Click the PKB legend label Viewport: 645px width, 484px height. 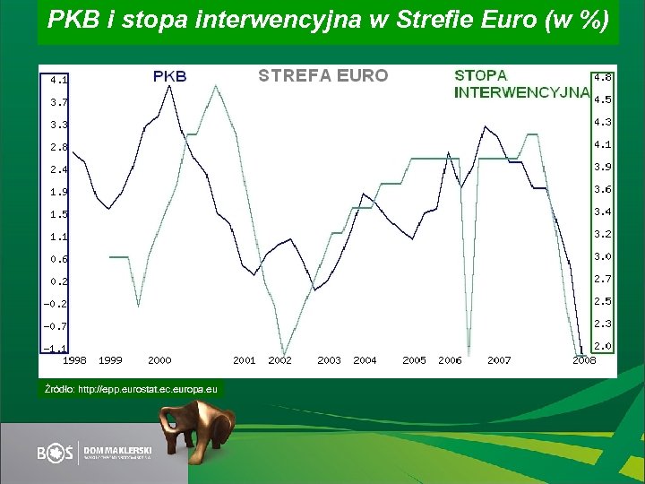[x=170, y=76]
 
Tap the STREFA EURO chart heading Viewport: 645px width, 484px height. [x=323, y=76]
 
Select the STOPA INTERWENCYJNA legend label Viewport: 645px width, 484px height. [x=520, y=84]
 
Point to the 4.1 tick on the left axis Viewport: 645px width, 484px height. [x=58, y=79]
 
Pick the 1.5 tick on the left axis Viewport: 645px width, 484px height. [x=58, y=214]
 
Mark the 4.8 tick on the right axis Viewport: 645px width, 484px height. [x=603, y=77]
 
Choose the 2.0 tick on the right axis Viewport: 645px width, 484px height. [x=603, y=346]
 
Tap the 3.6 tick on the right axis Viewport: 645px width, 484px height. [x=603, y=189]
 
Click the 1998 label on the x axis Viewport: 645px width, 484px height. [x=74, y=360]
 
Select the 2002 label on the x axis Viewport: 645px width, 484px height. [x=280, y=360]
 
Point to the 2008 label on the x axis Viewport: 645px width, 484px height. [x=584, y=360]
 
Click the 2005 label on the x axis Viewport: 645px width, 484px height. [x=414, y=360]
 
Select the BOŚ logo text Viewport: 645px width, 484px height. [x=56, y=454]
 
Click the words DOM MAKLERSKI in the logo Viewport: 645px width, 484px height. [x=118, y=448]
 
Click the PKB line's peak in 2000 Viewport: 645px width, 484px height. [x=169, y=86]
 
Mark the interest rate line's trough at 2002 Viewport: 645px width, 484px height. [x=285, y=352]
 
